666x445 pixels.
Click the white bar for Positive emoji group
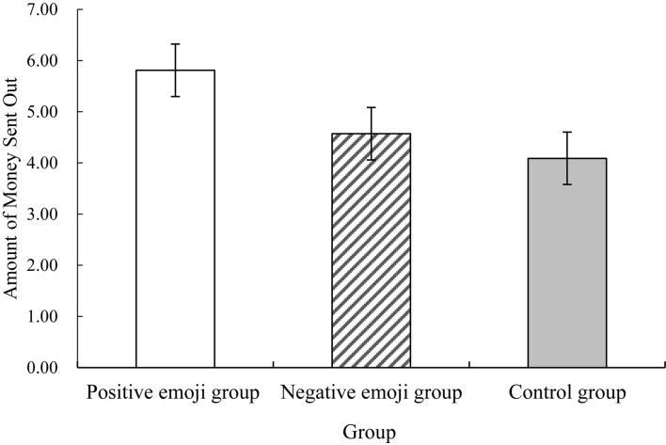175,218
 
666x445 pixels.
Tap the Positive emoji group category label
174,390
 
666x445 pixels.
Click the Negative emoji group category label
371,390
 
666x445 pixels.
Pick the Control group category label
566,390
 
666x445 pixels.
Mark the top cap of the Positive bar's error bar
175,43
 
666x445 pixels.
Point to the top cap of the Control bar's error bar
566,132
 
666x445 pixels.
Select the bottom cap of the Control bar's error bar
566,184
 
